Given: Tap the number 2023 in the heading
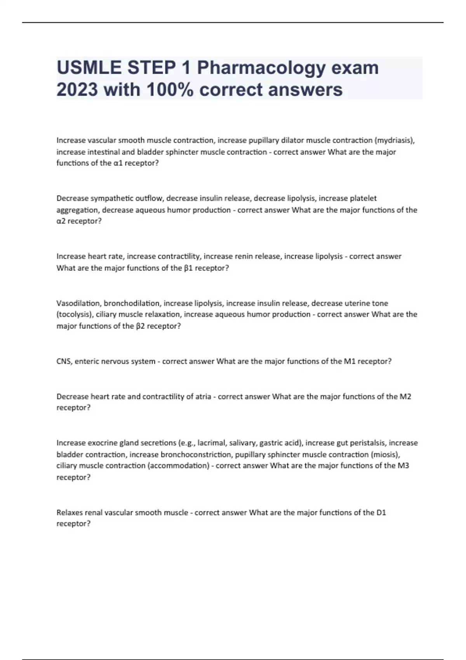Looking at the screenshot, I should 77,90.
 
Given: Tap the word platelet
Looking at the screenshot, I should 363,198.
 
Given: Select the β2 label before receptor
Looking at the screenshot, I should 140,326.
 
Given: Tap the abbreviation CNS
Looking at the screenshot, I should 64,361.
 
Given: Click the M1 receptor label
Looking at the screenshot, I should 349,361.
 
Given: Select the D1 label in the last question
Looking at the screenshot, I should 381,512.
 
